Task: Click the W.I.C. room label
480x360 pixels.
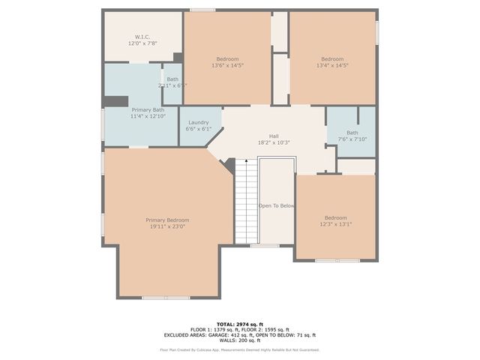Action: coord(142,37)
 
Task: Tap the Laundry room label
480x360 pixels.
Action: coord(199,122)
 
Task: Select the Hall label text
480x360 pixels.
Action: coord(274,136)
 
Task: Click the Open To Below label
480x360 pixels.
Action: coord(277,205)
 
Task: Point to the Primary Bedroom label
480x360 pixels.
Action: coord(167,220)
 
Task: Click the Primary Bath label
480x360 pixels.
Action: coord(148,109)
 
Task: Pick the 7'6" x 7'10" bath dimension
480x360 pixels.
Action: coord(352,139)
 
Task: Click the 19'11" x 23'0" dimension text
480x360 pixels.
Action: coord(167,226)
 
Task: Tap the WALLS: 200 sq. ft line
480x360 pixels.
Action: coord(240,342)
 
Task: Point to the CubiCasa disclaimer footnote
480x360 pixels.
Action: coord(239,349)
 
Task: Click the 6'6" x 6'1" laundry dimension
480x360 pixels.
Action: coord(199,129)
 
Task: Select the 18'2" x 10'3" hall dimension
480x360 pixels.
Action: coord(274,142)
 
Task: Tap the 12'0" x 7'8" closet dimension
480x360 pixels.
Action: coord(142,43)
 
